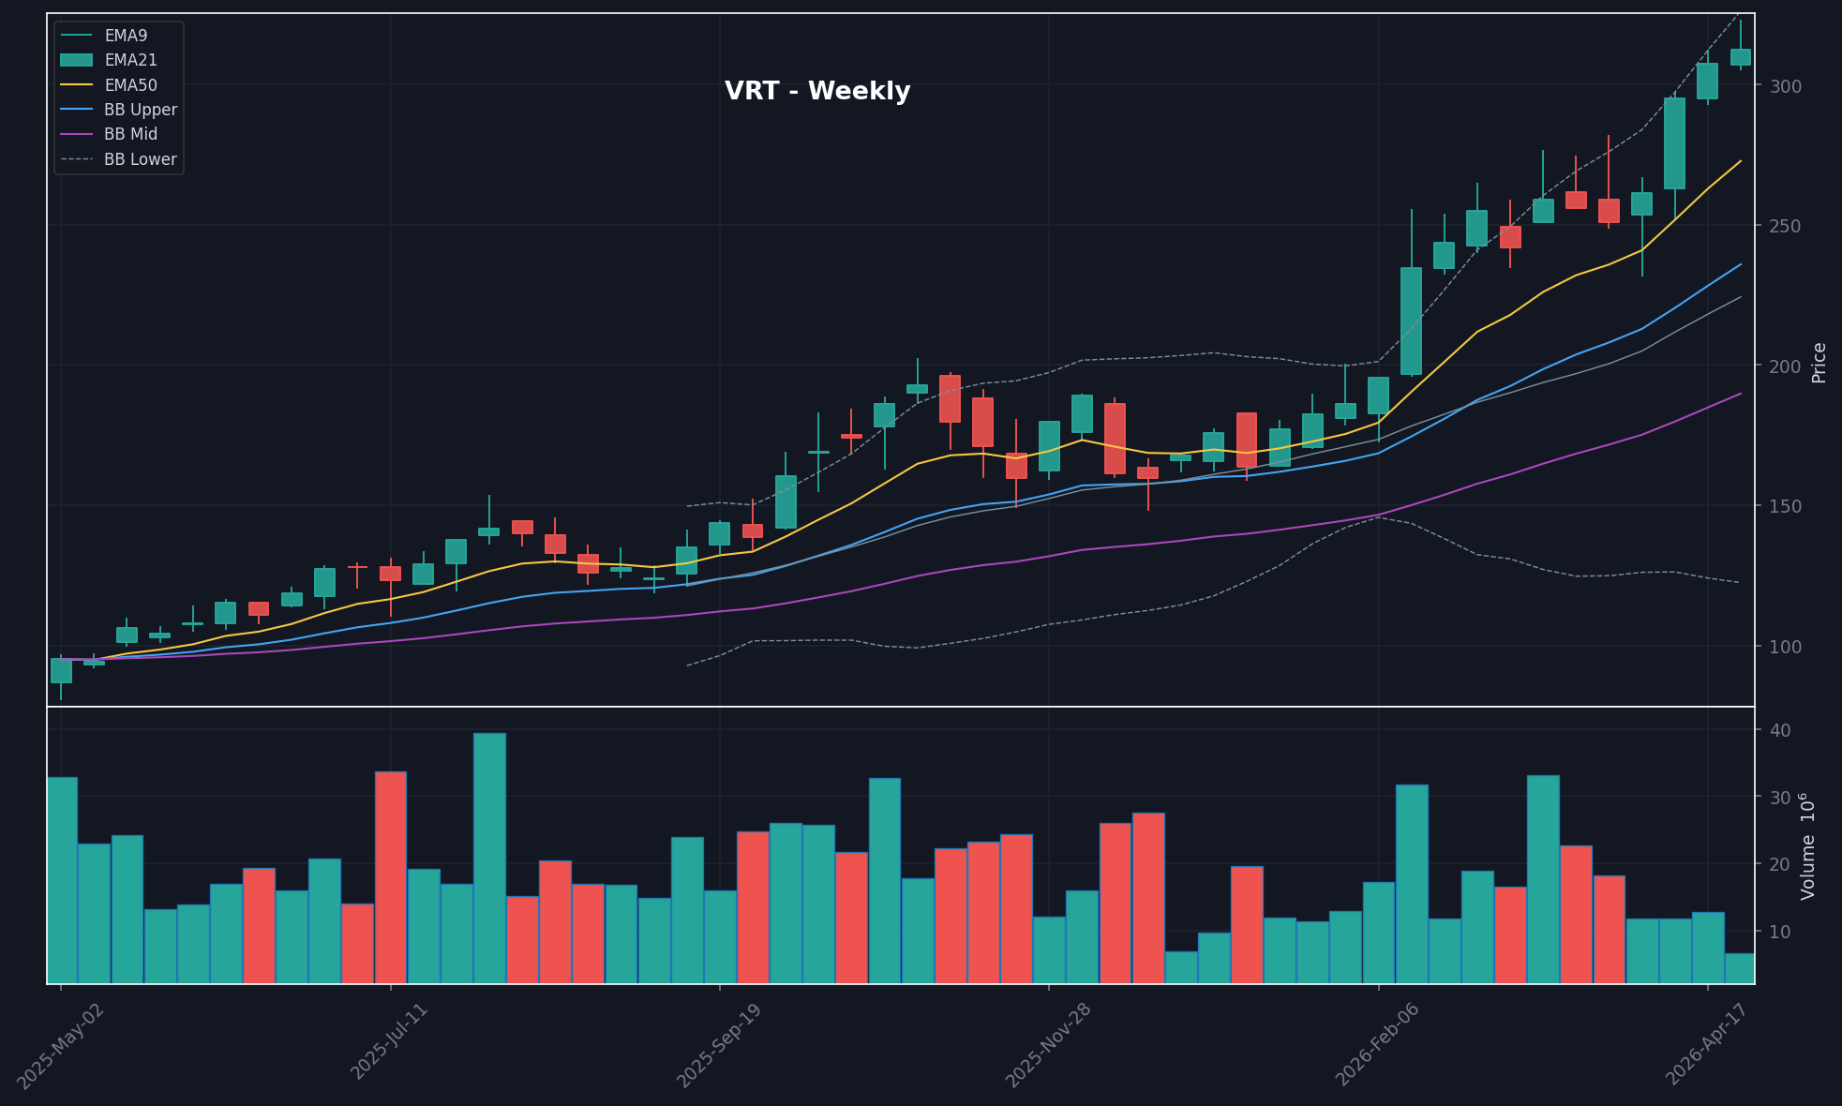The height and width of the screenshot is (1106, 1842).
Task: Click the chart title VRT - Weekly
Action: tap(817, 91)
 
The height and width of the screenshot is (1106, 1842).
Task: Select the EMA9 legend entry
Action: tap(126, 36)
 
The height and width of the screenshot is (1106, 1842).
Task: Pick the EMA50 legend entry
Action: tap(130, 85)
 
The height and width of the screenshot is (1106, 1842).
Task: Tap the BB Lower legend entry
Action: tap(140, 159)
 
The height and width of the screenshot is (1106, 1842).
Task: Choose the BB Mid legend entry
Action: tap(130, 134)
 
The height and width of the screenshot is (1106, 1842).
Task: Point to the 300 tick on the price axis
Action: tap(1785, 86)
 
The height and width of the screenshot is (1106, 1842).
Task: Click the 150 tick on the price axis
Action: tap(1785, 506)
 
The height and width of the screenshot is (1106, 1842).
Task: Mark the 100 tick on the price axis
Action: tap(1785, 647)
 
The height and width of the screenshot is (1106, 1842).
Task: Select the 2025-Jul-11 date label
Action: tap(389, 1040)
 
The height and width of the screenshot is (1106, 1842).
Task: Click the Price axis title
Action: tap(1819, 363)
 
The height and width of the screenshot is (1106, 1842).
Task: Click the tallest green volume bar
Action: tap(489, 858)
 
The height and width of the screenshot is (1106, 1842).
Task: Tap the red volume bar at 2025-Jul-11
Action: tap(390, 877)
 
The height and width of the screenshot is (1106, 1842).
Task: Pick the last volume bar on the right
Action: tap(1740, 968)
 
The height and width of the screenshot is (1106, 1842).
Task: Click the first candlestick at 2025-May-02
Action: tap(61, 670)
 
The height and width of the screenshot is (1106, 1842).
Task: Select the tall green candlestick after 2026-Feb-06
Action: tap(1411, 321)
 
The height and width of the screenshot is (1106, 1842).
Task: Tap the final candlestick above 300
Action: tap(1740, 57)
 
